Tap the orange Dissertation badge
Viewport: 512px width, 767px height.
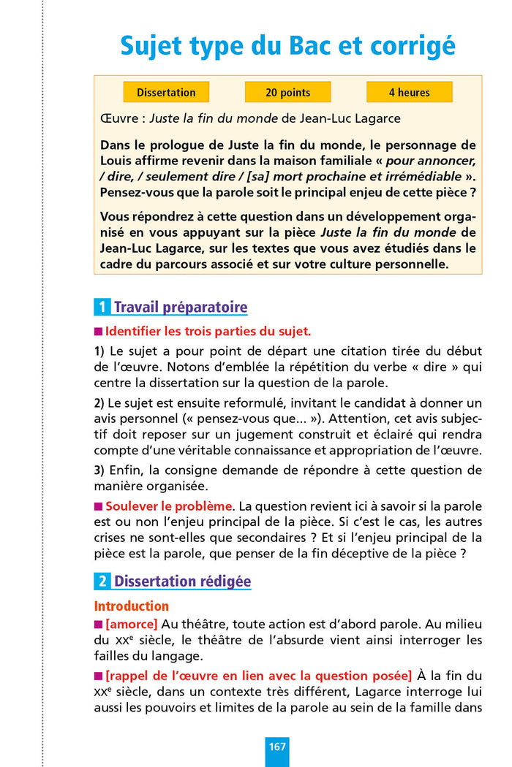pos(166,93)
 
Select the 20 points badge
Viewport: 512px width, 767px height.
pos(287,93)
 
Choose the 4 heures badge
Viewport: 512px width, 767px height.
pos(409,93)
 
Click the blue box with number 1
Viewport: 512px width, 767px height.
pos(102,308)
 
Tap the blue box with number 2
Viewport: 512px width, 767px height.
pos(102,582)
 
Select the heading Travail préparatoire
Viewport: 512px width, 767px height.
pos(181,308)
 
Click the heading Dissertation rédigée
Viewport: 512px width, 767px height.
pos(182,582)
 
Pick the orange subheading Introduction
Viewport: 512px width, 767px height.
pos(132,606)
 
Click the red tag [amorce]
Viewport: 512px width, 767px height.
pos(132,624)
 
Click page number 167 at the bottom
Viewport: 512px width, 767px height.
pos(277,747)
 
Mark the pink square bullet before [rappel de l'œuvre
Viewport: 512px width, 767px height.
pos(99,673)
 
